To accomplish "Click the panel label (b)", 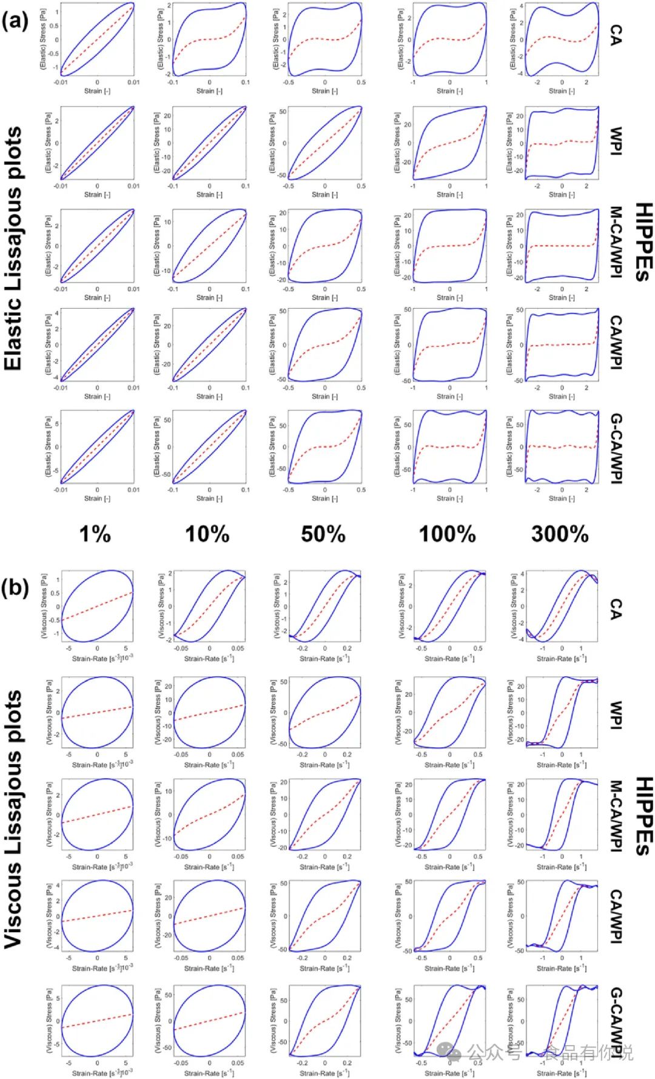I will click(x=15, y=587).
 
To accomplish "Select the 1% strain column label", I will click(x=95, y=534).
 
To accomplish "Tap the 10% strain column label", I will click(x=207, y=534).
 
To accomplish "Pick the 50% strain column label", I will click(x=323, y=534).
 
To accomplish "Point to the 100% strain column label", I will click(x=448, y=534).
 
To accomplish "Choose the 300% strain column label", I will click(x=560, y=534).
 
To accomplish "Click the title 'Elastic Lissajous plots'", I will click(x=13, y=249).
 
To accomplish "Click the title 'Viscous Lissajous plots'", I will click(x=13, y=819).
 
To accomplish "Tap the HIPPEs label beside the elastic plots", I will click(x=643, y=243).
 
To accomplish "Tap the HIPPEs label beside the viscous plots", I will click(x=643, y=816).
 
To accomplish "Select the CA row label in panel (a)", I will click(x=616, y=35).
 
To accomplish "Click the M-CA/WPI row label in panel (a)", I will click(x=616, y=243).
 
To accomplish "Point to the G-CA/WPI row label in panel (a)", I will click(x=616, y=449).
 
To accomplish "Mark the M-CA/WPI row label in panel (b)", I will click(x=616, y=816).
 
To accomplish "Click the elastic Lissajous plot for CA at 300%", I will click(x=562, y=39).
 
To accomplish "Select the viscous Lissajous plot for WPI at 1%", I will click(x=97, y=712).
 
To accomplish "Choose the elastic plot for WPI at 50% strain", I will click(x=324, y=143).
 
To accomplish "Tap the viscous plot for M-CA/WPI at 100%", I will click(x=449, y=814).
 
